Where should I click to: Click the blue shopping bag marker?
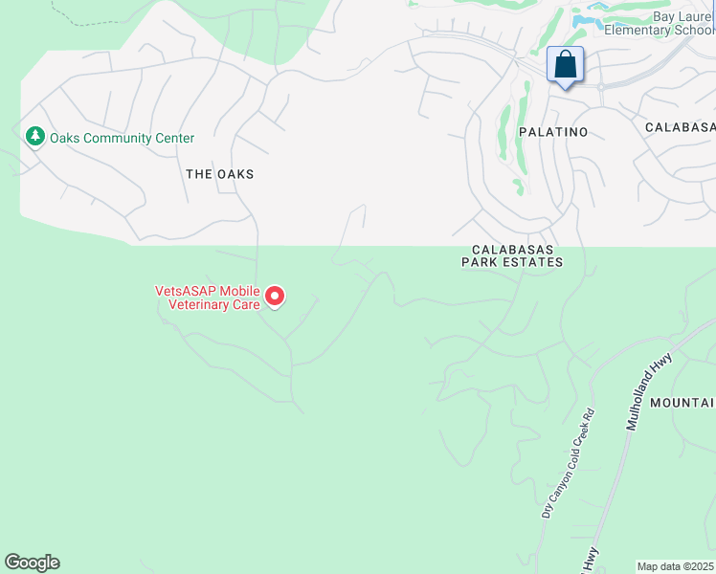(566, 66)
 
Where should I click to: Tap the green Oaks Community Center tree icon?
(35, 138)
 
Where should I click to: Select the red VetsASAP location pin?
(275, 297)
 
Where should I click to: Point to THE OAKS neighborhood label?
(220, 174)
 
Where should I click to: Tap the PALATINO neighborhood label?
(552, 131)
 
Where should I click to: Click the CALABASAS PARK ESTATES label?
(511, 254)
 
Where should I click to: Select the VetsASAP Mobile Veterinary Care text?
(208, 298)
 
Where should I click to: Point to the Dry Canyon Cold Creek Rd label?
(568, 464)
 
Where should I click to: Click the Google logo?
(32, 563)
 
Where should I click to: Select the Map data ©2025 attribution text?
(676, 566)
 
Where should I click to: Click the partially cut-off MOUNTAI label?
(682, 404)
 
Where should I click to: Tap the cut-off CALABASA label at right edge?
(680, 127)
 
